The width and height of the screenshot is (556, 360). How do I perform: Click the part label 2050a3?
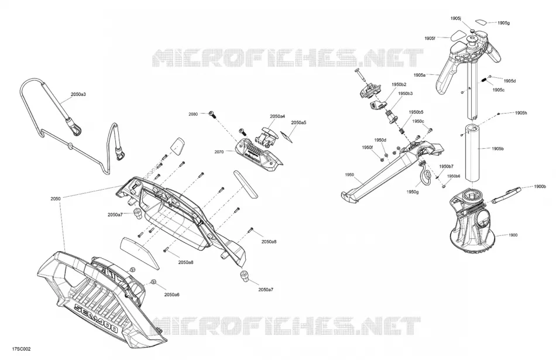78,94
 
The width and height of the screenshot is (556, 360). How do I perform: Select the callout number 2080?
193,114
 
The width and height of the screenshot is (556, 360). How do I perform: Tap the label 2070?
219,152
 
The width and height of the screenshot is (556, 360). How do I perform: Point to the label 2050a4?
277,116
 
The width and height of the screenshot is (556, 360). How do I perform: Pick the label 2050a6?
171,294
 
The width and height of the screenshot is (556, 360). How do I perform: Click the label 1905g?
503,23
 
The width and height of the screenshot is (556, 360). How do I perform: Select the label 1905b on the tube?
497,149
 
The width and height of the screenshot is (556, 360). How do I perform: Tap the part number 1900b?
540,187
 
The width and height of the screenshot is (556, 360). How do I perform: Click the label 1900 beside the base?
513,235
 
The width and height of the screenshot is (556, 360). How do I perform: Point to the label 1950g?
413,192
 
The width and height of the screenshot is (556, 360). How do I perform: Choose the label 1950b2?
399,84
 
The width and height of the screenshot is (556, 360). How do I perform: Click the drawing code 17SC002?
21,349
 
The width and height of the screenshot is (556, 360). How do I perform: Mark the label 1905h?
521,113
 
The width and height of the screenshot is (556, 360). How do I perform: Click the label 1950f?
368,147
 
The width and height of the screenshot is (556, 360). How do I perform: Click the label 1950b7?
446,166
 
